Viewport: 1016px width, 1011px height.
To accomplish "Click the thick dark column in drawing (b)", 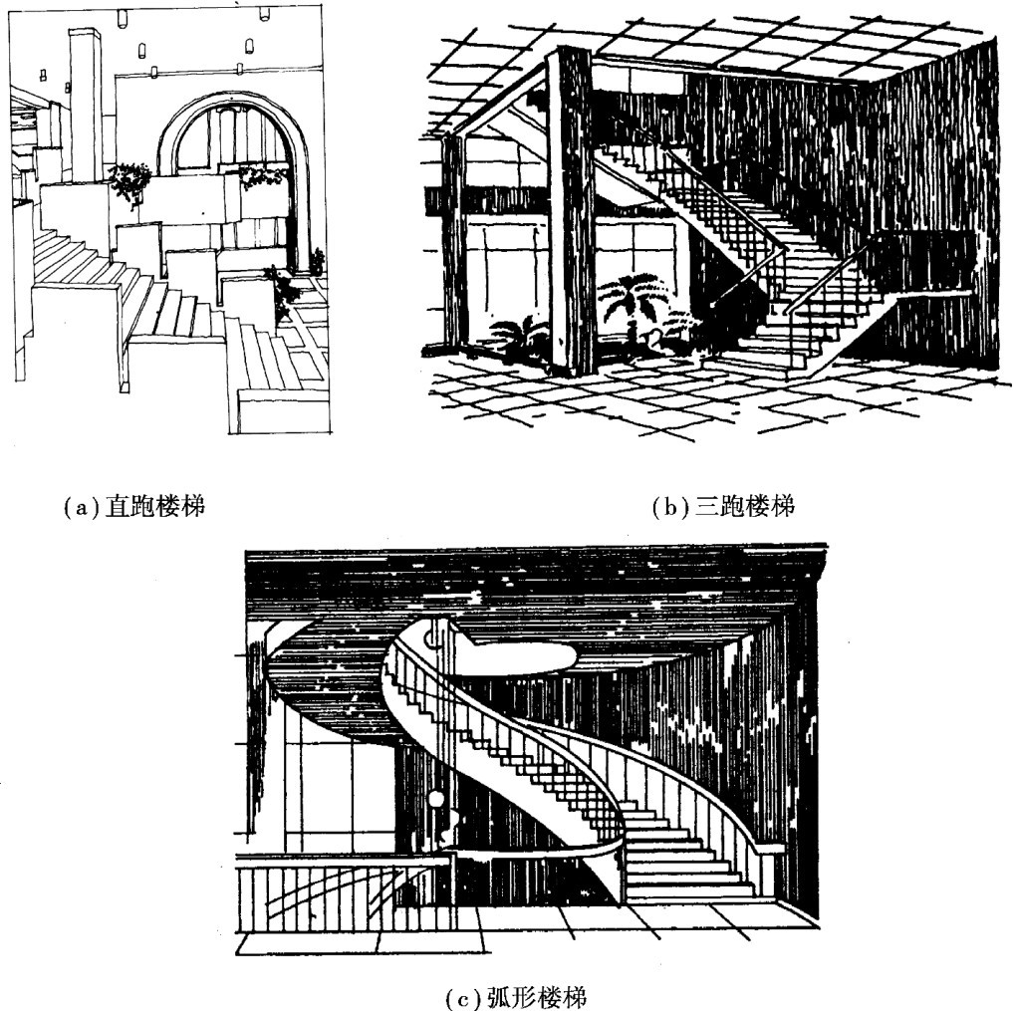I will tap(571, 209).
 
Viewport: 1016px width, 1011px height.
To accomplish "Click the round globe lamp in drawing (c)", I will tap(436, 799).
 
